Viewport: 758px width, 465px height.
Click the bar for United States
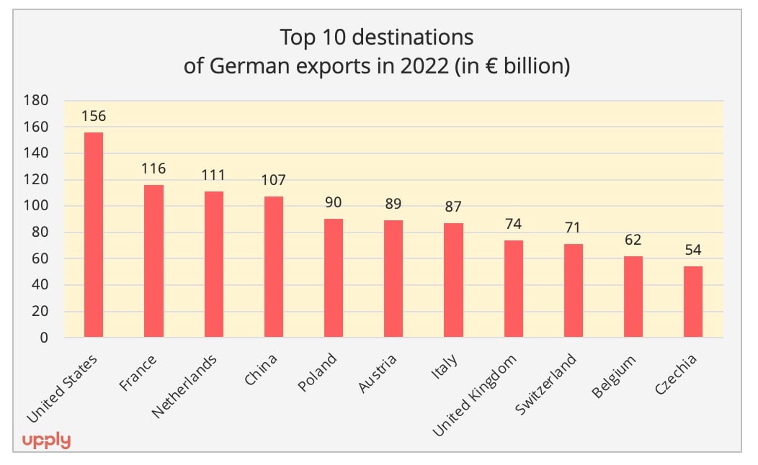click(x=94, y=234)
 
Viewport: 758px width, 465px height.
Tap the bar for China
click(x=274, y=266)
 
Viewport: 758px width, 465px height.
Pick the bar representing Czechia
click(x=693, y=302)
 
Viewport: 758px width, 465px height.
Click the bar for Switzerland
click(x=574, y=290)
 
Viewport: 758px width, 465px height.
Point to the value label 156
click(x=94, y=116)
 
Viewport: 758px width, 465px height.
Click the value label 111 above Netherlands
click(x=213, y=175)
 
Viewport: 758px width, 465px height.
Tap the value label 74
click(x=513, y=224)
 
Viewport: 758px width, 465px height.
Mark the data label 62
click(x=633, y=240)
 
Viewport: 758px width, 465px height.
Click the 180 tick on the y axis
click(x=36, y=101)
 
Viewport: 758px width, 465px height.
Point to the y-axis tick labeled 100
click(x=36, y=206)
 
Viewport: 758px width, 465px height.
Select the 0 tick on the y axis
click(x=44, y=338)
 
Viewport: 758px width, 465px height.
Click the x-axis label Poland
click(x=318, y=372)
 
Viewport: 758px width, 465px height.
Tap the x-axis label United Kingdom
click(x=475, y=395)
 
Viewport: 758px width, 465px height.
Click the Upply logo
click(x=46, y=440)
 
